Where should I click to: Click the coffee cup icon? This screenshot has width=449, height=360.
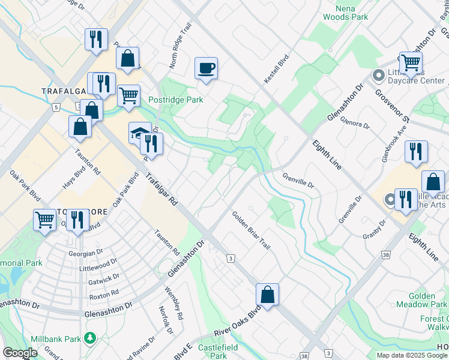(206, 68)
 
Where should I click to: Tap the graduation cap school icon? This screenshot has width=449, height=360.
(140, 133)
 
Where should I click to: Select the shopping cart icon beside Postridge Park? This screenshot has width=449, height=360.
(128, 95)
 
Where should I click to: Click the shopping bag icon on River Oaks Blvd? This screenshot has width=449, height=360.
(267, 295)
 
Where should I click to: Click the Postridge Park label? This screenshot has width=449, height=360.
(175, 100)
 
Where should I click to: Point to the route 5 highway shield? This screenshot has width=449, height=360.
(55, 107)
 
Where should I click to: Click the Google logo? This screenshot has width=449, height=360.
(20, 353)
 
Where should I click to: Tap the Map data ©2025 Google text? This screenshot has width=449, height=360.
(412, 355)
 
